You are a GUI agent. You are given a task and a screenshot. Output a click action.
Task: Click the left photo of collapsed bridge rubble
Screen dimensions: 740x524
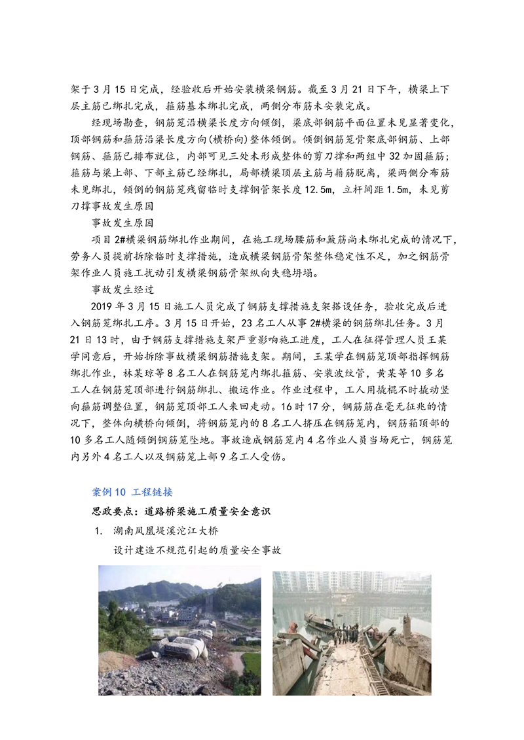pos(179,630)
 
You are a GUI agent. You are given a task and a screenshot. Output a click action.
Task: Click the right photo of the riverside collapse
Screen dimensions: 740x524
pos(352,633)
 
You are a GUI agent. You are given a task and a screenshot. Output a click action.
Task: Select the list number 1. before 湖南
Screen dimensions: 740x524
pos(99,531)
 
